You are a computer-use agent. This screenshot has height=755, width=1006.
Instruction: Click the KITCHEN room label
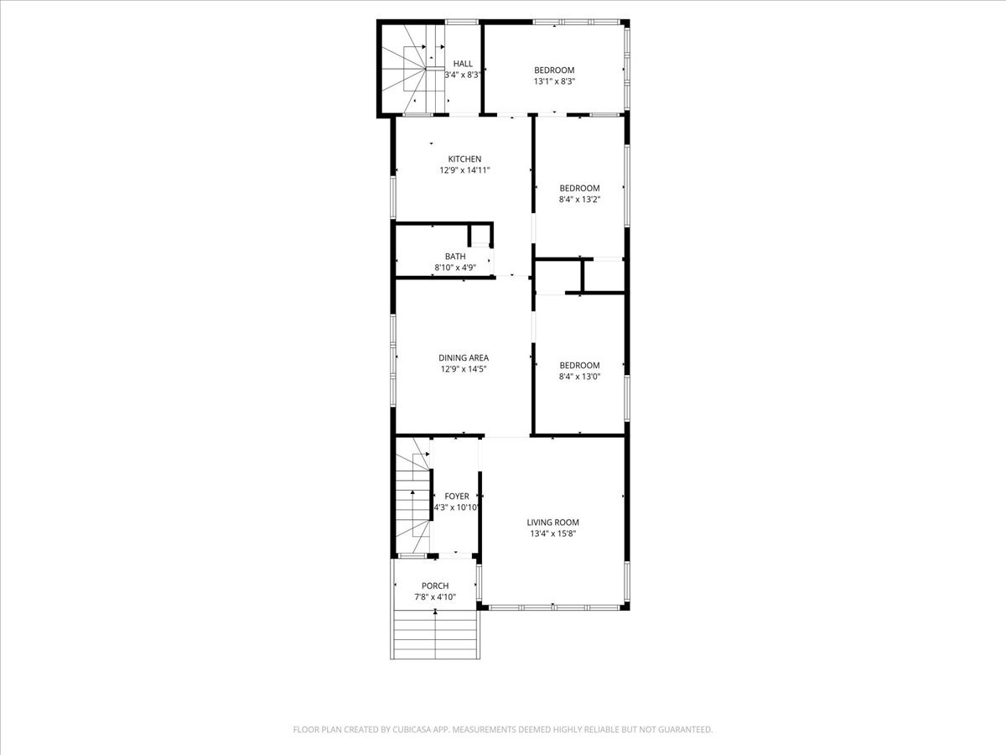[x=464, y=159]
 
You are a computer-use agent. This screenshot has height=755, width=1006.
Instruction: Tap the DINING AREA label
[x=464, y=357]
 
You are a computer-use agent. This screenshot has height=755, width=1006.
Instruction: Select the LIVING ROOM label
[x=552, y=522]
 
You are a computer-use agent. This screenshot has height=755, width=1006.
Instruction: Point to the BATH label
[x=455, y=256]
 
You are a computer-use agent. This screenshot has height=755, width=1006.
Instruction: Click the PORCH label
[x=435, y=586]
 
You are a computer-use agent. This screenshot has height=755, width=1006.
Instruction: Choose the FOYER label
[x=457, y=496]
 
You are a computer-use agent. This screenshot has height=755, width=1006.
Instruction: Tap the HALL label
[x=463, y=64]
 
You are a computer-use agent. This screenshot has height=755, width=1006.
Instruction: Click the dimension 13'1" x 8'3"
[x=554, y=81]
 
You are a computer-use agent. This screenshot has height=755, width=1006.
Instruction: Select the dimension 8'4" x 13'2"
[x=579, y=200]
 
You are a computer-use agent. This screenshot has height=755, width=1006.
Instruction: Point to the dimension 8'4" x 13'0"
[x=579, y=377]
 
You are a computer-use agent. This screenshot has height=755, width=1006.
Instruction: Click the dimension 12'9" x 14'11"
[x=464, y=170]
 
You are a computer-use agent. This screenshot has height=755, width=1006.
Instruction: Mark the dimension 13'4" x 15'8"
[x=552, y=534]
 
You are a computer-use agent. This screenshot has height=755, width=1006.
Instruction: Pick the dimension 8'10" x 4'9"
[x=455, y=268]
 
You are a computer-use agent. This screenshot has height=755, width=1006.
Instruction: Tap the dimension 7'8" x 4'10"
[x=435, y=596]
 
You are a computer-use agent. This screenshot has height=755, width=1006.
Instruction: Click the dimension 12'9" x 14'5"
[x=464, y=369]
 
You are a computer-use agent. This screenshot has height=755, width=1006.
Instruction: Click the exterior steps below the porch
[x=435, y=634]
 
